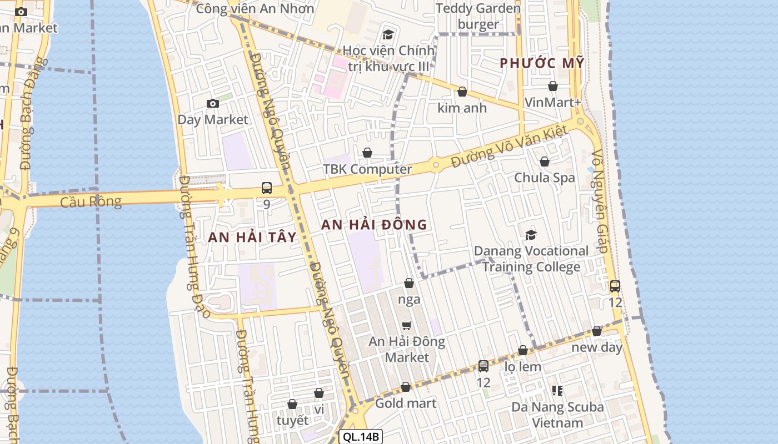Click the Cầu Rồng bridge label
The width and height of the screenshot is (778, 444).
(x=91, y=201)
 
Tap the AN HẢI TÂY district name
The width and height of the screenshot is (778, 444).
(x=252, y=238)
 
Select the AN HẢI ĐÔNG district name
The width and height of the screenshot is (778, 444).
(x=374, y=225)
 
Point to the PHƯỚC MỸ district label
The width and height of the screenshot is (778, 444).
(x=542, y=63)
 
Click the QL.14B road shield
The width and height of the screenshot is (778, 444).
(x=361, y=437)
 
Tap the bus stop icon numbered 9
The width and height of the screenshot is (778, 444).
(x=267, y=188)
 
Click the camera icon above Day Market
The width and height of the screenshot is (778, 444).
(x=212, y=104)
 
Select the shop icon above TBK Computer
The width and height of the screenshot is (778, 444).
(x=367, y=153)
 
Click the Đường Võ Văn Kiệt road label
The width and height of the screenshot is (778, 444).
(x=508, y=147)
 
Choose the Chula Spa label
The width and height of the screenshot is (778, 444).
(x=545, y=178)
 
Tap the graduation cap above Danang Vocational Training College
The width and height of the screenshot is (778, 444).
(x=531, y=235)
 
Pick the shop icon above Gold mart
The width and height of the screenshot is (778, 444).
(x=406, y=387)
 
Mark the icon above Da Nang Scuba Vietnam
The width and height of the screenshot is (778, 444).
(x=557, y=391)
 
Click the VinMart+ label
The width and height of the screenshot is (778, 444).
(x=553, y=102)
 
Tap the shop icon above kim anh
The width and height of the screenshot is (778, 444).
(x=462, y=92)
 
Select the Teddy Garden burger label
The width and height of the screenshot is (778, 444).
(x=478, y=17)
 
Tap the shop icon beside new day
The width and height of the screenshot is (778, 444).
(x=597, y=331)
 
